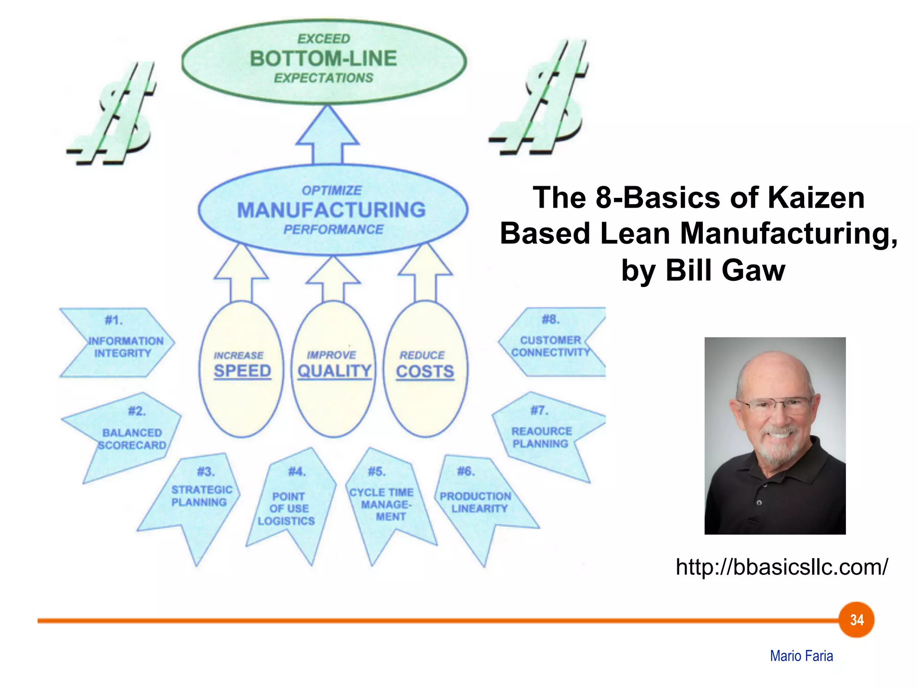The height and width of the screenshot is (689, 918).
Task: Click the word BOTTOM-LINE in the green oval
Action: pyautogui.click(x=323, y=58)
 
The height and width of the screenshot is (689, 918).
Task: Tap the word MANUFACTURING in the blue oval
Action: pyautogui.click(x=331, y=210)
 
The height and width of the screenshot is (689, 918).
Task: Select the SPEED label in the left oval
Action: pyautogui.click(x=242, y=371)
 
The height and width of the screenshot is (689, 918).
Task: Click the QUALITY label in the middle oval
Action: pyautogui.click(x=334, y=371)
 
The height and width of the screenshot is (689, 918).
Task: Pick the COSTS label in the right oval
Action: pyautogui.click(x=425, y=371)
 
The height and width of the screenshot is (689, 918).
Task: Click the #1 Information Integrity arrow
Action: pyautogui.click(x=121, y=343)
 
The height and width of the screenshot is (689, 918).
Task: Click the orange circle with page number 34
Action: pyautogui.click(x=857, y=620)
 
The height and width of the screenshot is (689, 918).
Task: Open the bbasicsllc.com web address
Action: pyautogui.click(x=782, y=567)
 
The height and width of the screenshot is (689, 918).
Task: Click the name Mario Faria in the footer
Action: pyautogui.click(x=801, y=656)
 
